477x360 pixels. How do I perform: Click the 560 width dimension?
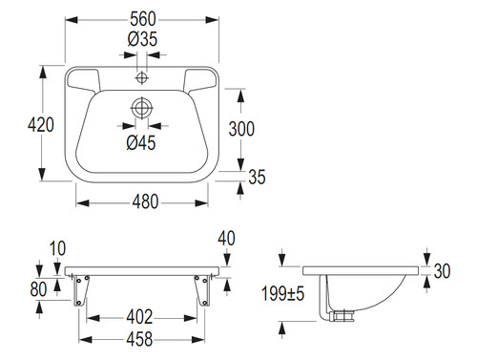[x=143, y=19]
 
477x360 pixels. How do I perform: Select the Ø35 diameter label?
[x=142, y=39]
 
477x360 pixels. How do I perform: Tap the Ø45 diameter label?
[x=141, y=142]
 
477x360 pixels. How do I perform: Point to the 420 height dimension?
[x=41, y=124]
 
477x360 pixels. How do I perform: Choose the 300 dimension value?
[x=241, y=129]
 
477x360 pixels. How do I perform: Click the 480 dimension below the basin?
[x=145, y=201]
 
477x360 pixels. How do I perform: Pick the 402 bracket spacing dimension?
[x=139, y=317]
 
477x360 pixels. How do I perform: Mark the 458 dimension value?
[x=139, y=339]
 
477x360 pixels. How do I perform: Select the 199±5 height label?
[x=282, y=293]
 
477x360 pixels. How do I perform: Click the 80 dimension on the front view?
[x=38, y=289]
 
